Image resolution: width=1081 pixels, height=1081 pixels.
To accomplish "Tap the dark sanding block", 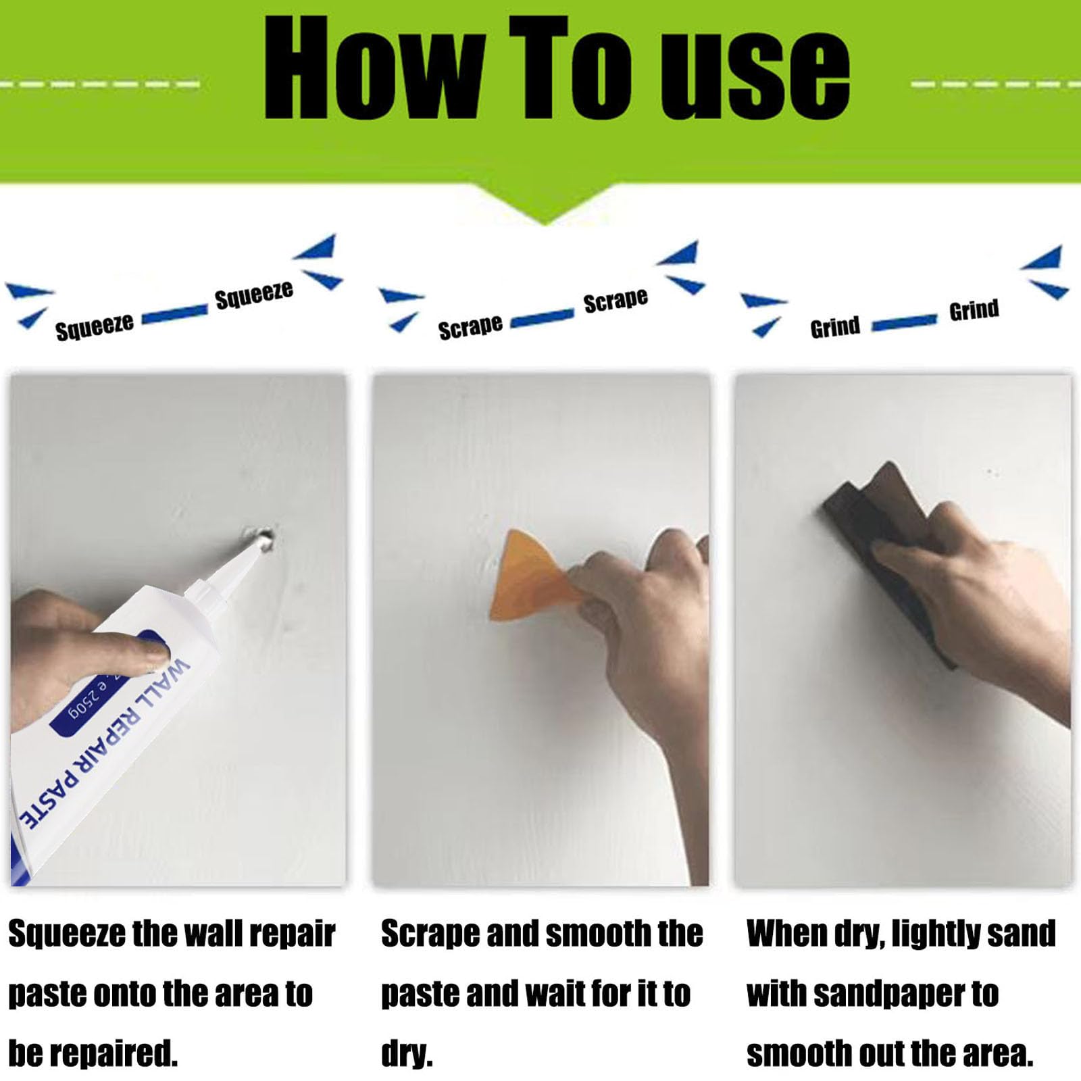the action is pyautogui.click(x=885, y=540).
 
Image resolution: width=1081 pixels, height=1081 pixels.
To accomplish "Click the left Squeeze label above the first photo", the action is pyautogui.click(x=95, y=327).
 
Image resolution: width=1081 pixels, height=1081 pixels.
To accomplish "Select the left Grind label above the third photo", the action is pyautogui.click(x=835, y=327).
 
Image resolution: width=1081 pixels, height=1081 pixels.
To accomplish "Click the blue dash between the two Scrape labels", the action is pyautogui.click(x=542, y=318).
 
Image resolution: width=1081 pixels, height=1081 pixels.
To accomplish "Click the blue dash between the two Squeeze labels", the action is pyautogui.click(x=174, y=313).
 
